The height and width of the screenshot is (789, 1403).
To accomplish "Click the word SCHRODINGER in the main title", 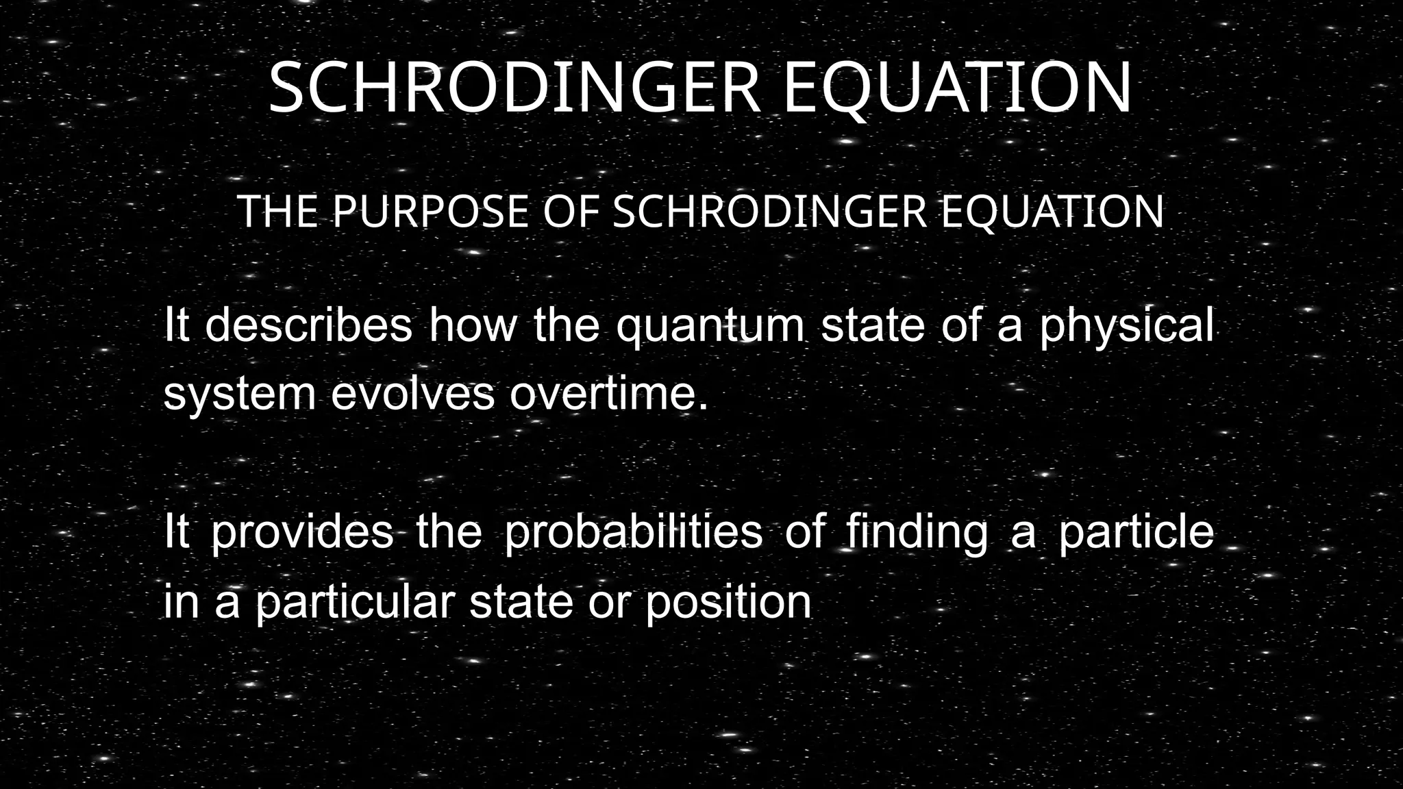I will point(514,89).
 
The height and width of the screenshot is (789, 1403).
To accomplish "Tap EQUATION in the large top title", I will point(957,89).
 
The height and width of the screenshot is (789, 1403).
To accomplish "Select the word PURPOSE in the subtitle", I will point(431,212).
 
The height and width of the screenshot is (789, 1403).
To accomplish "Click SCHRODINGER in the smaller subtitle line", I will point(769,212).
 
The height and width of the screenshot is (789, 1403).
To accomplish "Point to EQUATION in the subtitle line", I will point(1052,212).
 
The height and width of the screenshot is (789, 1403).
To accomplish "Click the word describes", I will point(309,325).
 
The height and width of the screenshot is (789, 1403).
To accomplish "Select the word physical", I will point(1126,326).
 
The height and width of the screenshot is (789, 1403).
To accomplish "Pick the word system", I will point(240,395).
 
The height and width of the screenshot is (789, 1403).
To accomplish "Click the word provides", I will point(302,532).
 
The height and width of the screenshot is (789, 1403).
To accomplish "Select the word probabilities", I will point(633,532).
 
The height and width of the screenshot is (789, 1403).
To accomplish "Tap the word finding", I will point(917,532).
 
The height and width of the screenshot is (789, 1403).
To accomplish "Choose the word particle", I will point(1136,532).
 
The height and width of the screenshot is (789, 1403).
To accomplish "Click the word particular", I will point(355,603).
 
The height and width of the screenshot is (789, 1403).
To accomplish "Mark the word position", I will point(728,603).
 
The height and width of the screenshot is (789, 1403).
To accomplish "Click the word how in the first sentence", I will point(473,325).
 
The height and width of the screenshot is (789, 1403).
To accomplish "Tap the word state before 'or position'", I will point(521,603).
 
